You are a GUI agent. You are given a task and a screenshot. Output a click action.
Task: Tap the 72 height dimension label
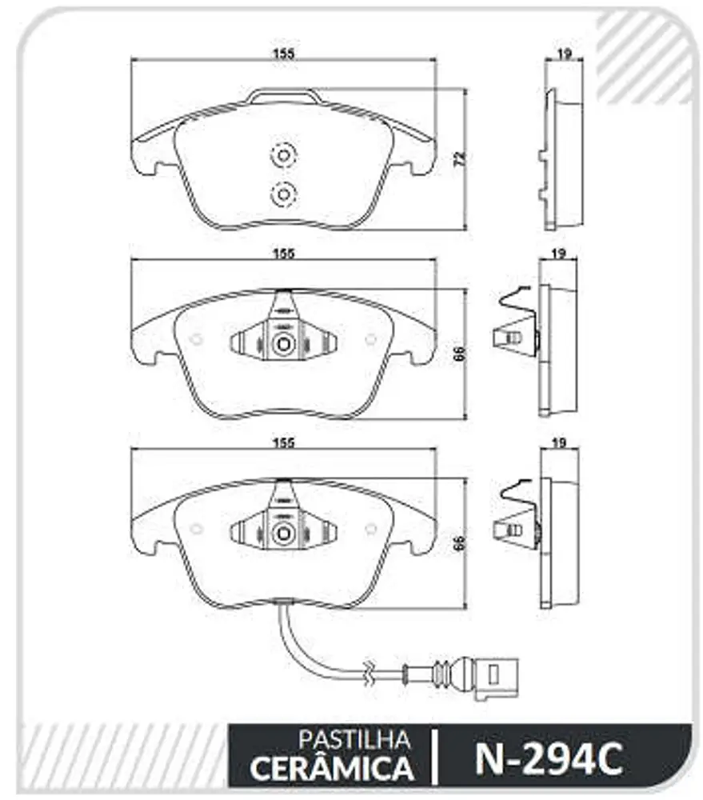click(460, 158)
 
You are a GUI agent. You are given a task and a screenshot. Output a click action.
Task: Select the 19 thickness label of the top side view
click(564, 53)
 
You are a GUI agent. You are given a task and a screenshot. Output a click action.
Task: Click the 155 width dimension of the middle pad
click(284, 253)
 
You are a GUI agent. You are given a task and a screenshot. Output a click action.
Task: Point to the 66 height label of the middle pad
click(460, 354)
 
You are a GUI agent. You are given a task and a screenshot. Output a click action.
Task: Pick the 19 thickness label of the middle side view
click(559, 253)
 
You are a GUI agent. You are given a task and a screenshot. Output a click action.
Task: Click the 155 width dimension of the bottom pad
click(284, 442)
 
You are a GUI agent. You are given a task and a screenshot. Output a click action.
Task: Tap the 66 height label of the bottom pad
click(460, 543)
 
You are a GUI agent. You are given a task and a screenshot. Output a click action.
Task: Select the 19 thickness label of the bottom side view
click(560, 442)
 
